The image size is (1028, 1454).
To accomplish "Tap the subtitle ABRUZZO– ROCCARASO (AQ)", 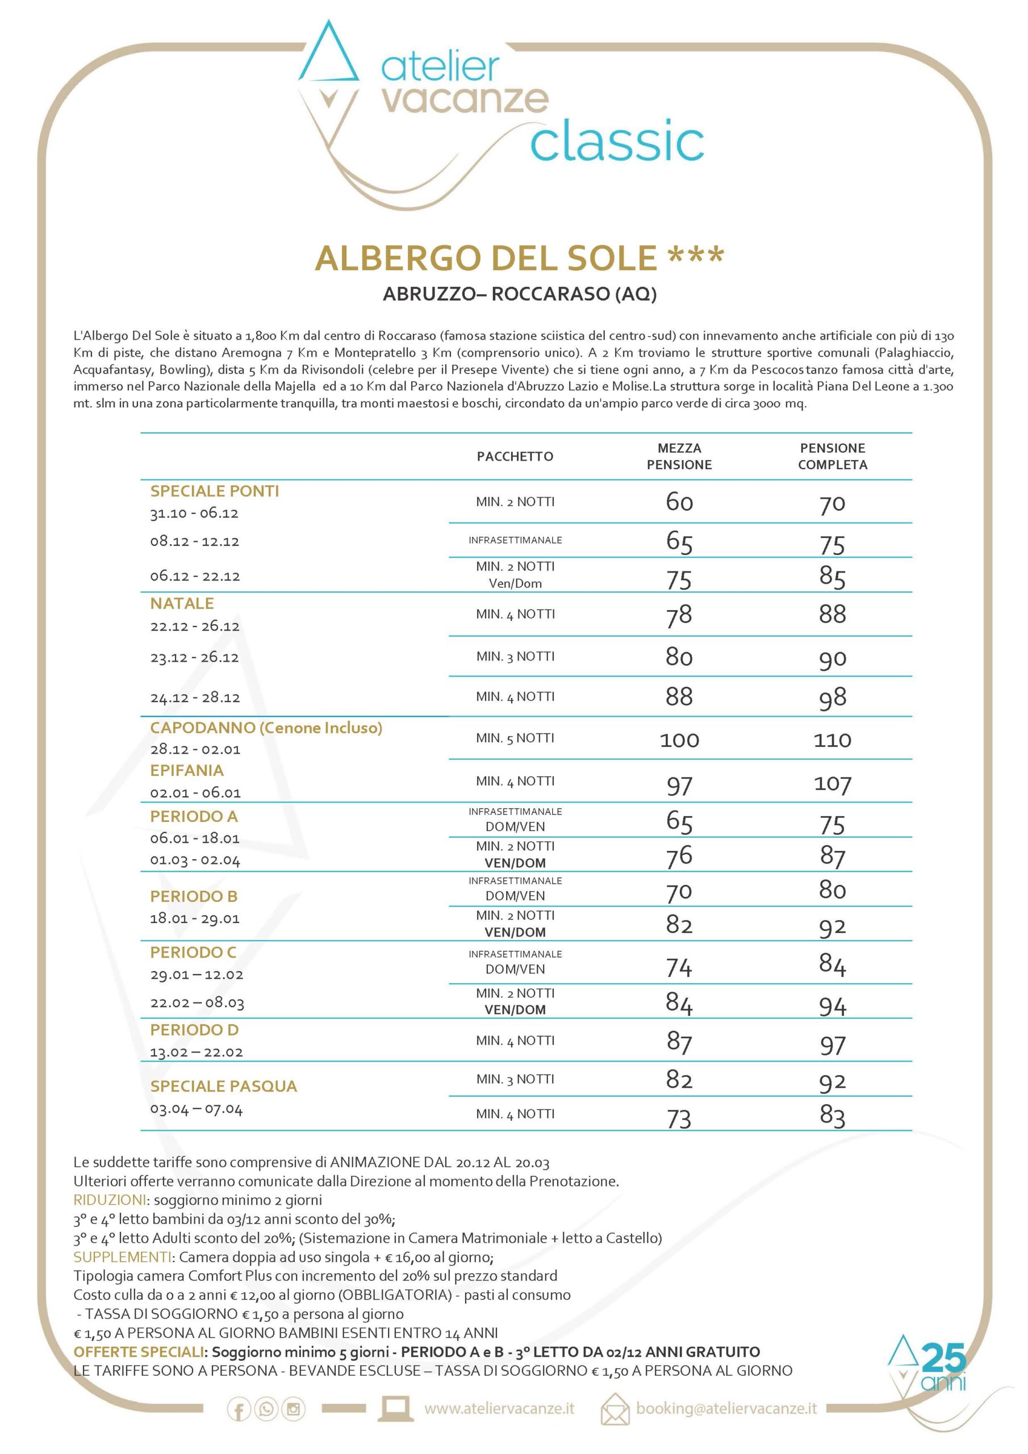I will (x=519, y=294).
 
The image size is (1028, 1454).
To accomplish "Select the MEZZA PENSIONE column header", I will (x=679, y=456).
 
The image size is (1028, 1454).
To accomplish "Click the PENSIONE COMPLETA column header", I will (x=832, y=456).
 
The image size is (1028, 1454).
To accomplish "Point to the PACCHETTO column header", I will (x=515, y=457).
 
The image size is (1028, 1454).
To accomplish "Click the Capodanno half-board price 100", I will (x=679, y=739).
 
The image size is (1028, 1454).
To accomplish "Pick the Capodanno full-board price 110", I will (x=832, y=739).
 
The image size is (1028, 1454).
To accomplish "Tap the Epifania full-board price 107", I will (x=832, y=784).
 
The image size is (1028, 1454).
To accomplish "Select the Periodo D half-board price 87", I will (x=679, y=1041).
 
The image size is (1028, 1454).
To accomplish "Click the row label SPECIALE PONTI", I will (x=214, y=491).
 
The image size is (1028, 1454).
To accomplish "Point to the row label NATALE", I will (x=182, y=604).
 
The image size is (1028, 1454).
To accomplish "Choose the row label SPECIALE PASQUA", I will (x=223, y=1086).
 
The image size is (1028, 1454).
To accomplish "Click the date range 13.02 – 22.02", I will (x=197, y=1052).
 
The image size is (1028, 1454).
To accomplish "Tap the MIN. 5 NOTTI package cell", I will (x=515, y=738).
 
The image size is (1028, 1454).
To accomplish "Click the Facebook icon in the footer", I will (x=239, y=1409).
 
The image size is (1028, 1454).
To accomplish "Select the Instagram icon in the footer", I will (x=293, y=1409).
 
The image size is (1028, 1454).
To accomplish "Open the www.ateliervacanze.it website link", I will (x=499, y=1409).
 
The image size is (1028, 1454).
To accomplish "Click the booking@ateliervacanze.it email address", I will (x=726, y=1409).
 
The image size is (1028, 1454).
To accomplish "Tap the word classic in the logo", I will (x=617, y=142).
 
